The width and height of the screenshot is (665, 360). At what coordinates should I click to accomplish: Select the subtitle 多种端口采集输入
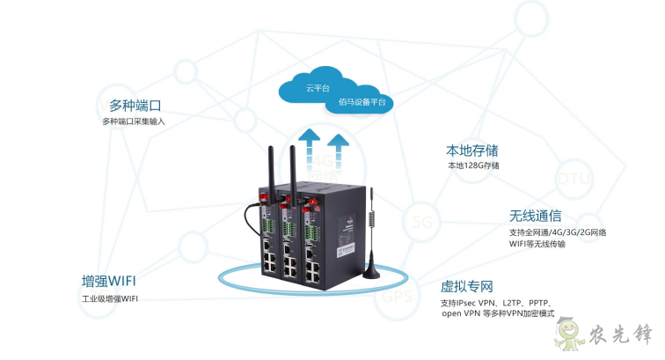point(133,121)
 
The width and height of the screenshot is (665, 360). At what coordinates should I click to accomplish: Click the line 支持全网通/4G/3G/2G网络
point(558,233)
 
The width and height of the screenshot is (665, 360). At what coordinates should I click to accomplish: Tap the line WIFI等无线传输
point(537,245)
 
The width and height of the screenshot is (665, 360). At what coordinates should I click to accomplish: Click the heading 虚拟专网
point(466,286)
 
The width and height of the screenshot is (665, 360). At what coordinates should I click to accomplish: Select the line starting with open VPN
point(500,313)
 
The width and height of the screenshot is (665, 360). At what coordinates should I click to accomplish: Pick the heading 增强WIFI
point(108,282)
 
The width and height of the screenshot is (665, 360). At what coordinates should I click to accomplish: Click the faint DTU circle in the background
point(572,180)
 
